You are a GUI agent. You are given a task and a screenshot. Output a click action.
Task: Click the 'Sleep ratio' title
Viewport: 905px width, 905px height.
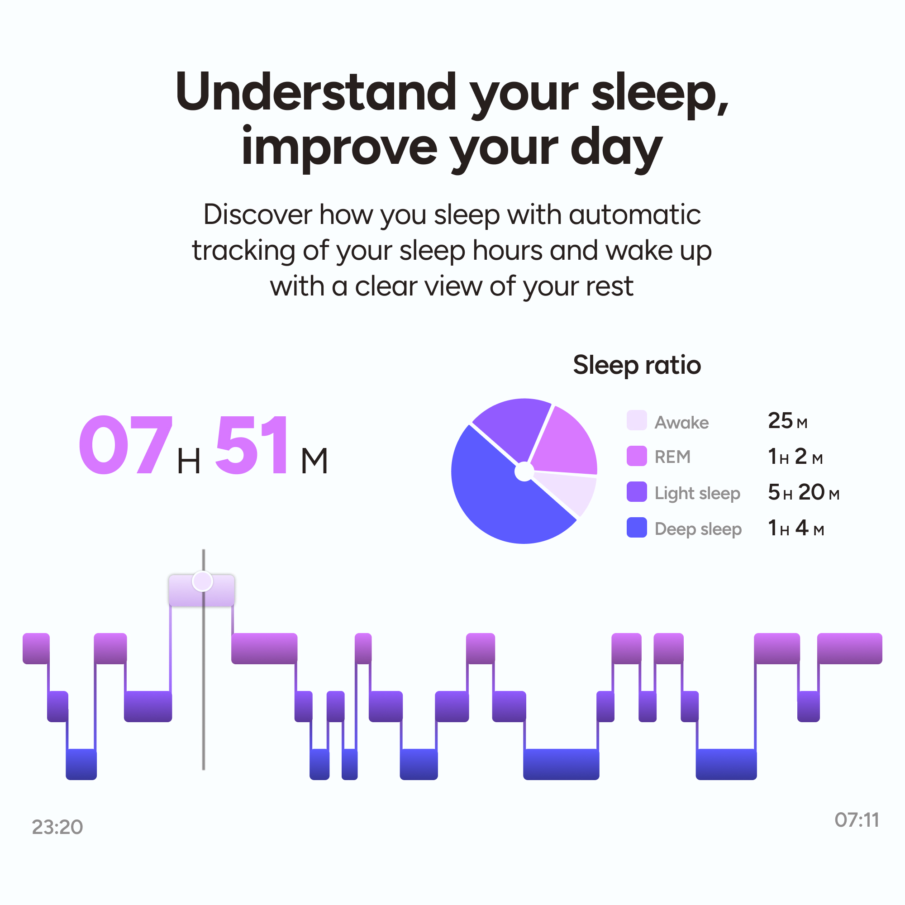637,365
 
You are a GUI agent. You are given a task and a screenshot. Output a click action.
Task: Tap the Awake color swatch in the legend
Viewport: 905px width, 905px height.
637,420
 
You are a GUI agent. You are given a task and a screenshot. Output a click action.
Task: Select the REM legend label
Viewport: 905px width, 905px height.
672,457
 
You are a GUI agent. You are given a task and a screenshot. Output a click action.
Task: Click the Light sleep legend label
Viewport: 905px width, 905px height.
697,493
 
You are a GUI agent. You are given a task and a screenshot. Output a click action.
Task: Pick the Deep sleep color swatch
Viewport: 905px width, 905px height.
637,528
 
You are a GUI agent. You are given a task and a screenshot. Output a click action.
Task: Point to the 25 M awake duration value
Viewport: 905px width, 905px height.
787,421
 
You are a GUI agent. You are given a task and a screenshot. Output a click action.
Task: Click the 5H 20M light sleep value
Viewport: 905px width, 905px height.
803,492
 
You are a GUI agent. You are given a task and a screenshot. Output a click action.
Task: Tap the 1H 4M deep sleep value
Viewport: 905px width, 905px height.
796,528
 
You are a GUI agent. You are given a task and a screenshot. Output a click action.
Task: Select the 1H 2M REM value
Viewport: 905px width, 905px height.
795,457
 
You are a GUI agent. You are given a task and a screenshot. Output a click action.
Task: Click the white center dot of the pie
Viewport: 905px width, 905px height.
524,471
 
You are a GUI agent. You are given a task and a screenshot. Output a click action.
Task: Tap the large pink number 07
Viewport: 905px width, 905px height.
125,445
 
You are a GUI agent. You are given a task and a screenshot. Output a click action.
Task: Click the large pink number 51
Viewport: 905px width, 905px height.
252,445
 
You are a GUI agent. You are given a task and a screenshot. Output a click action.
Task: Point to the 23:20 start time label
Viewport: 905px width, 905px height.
57,827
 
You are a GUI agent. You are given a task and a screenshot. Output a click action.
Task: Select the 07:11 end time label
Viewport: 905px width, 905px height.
857,820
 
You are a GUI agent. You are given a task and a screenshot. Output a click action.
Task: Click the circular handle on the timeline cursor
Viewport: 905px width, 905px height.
202,581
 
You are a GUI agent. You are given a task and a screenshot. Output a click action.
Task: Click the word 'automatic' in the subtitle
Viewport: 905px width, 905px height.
635,215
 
